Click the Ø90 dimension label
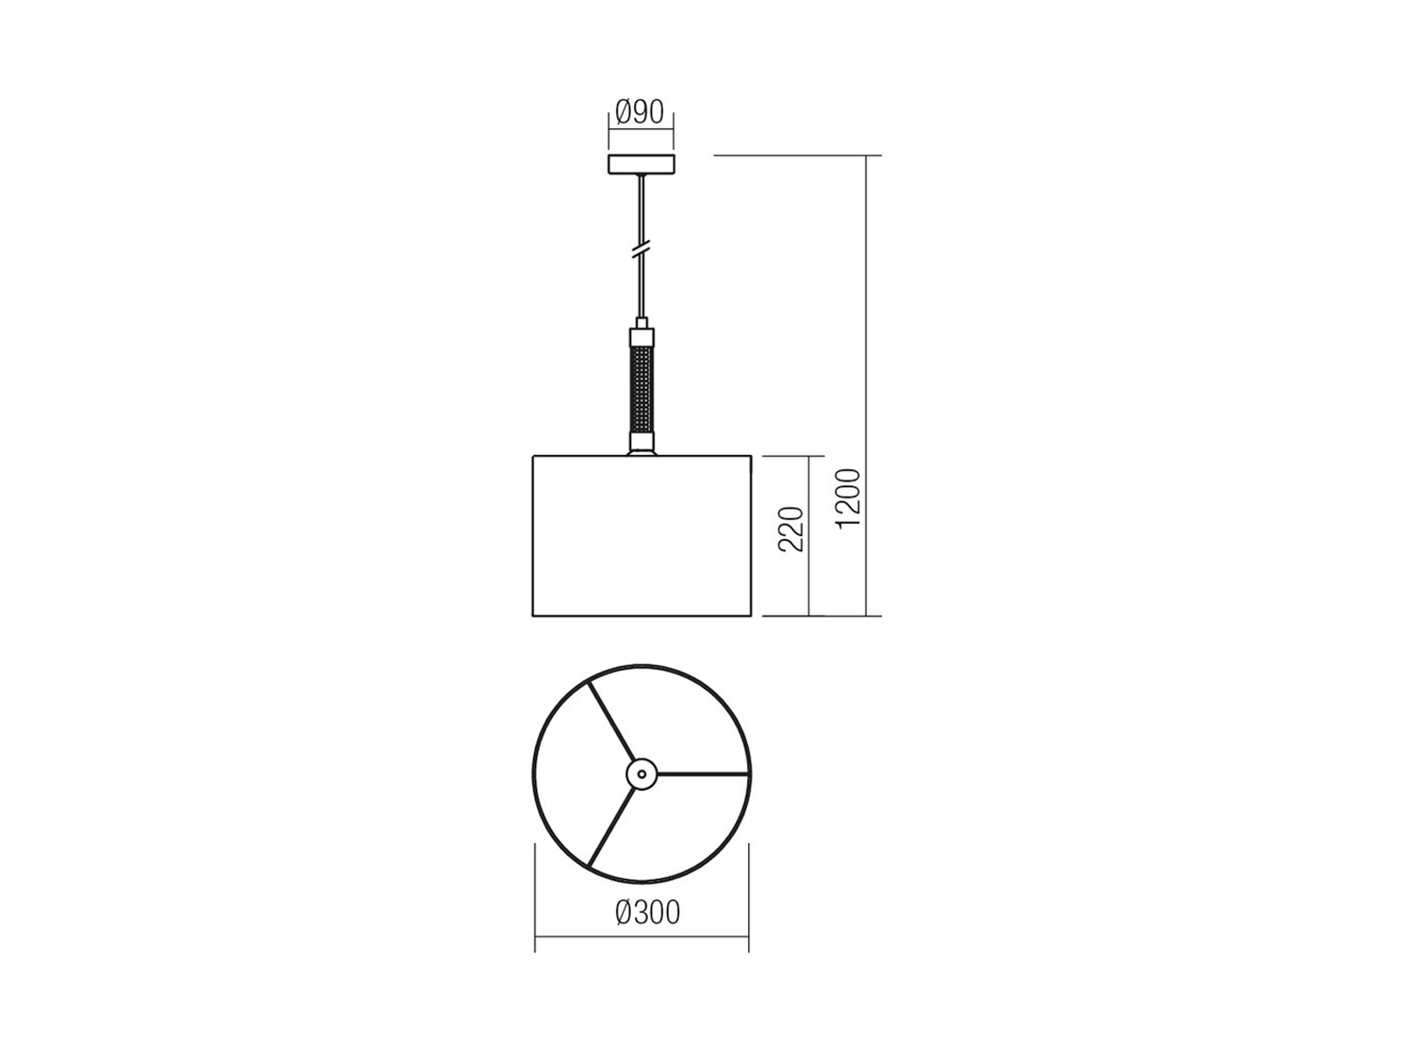pos(640,113)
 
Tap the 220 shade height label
pos(791,529)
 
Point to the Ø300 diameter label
pos(647,913)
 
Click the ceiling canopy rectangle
pos(642,164)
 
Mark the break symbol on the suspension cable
pos(642,249)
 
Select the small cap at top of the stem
pos(642,322)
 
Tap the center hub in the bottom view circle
pos(642,773)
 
